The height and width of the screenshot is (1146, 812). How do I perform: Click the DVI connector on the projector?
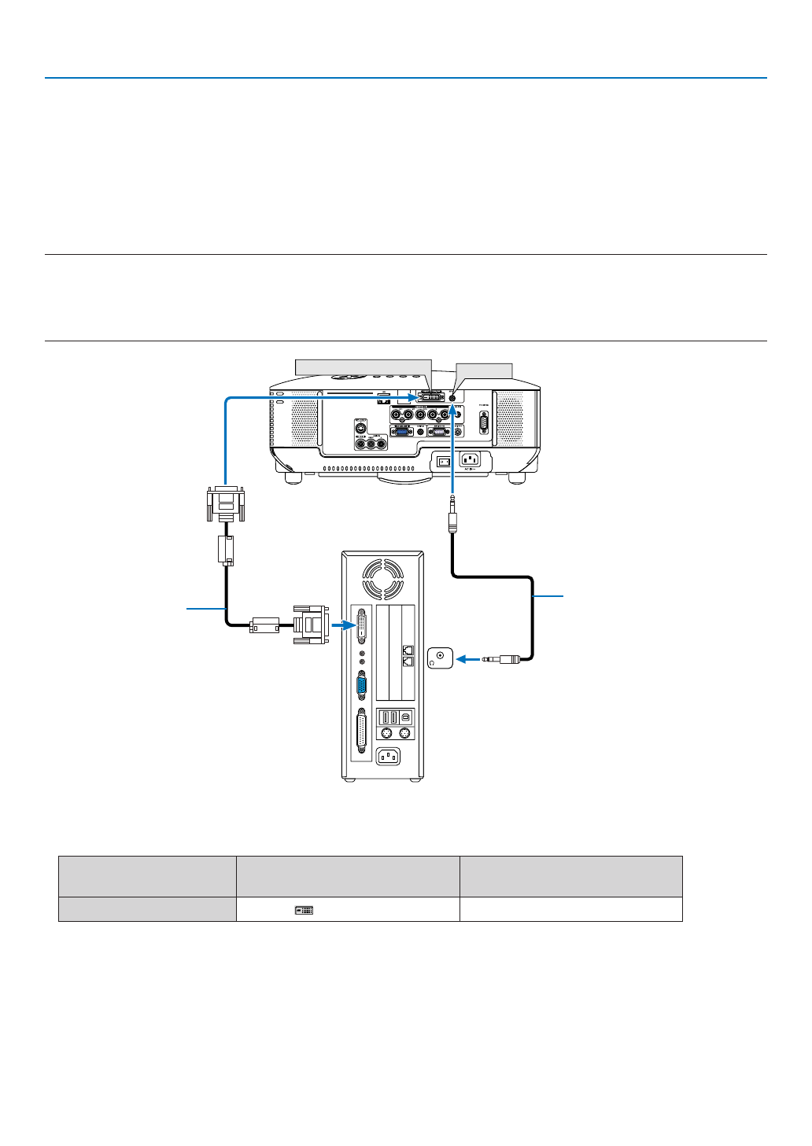432,396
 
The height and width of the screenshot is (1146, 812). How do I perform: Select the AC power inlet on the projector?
470,460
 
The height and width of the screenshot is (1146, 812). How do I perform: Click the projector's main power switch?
444,461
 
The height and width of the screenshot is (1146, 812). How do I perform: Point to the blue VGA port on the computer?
361,687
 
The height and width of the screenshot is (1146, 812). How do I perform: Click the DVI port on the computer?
361,626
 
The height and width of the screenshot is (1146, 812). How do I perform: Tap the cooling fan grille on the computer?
382,579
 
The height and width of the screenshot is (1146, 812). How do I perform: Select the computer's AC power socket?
388,757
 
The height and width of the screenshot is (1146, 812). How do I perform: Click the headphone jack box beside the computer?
440,658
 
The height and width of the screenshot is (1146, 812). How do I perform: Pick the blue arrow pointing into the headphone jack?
468,659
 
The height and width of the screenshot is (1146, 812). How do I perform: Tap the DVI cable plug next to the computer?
311,625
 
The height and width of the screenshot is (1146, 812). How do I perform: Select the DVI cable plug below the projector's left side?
225,503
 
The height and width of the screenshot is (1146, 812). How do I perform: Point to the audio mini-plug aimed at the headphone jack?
501,659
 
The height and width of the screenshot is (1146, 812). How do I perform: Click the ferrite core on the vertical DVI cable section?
226,550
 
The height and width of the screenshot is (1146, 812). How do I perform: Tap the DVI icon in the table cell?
304,910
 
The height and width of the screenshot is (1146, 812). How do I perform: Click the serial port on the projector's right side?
483,422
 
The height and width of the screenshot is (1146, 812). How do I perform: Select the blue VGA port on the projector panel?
401,431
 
